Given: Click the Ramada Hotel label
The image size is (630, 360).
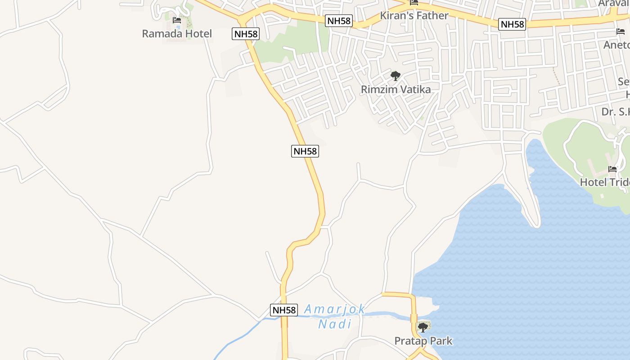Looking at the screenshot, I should [176, 34].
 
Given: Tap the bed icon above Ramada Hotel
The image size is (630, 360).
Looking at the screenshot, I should [177, 20].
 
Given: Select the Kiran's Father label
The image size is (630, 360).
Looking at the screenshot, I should [414, 16].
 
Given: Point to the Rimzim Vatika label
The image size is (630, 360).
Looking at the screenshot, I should [396, 90].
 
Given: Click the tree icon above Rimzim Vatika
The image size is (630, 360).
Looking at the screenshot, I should [396, 76].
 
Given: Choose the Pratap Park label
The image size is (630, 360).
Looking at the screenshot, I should [423, 341].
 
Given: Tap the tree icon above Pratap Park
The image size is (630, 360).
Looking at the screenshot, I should [423, 327].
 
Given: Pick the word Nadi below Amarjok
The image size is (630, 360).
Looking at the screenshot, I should [334, 324].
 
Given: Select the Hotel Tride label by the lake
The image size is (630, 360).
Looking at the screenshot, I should [604, 182].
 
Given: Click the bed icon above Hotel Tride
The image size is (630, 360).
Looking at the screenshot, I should [612, 169].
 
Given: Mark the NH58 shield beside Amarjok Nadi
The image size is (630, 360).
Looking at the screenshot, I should [284, 310].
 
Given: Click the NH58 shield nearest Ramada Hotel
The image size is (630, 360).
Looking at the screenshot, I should [246, 34].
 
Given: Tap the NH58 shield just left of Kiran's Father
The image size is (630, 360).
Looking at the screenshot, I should [338, 21].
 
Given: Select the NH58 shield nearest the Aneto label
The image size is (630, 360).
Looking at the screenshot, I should [512, 24].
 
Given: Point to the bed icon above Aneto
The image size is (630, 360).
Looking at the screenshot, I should [621, 31].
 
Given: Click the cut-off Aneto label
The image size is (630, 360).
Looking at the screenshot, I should [616, 45].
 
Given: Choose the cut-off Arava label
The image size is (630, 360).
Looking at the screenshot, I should [614, 4].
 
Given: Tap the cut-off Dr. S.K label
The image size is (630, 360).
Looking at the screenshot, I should [616, 112].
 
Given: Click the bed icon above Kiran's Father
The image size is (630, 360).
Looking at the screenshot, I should [414, 3].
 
